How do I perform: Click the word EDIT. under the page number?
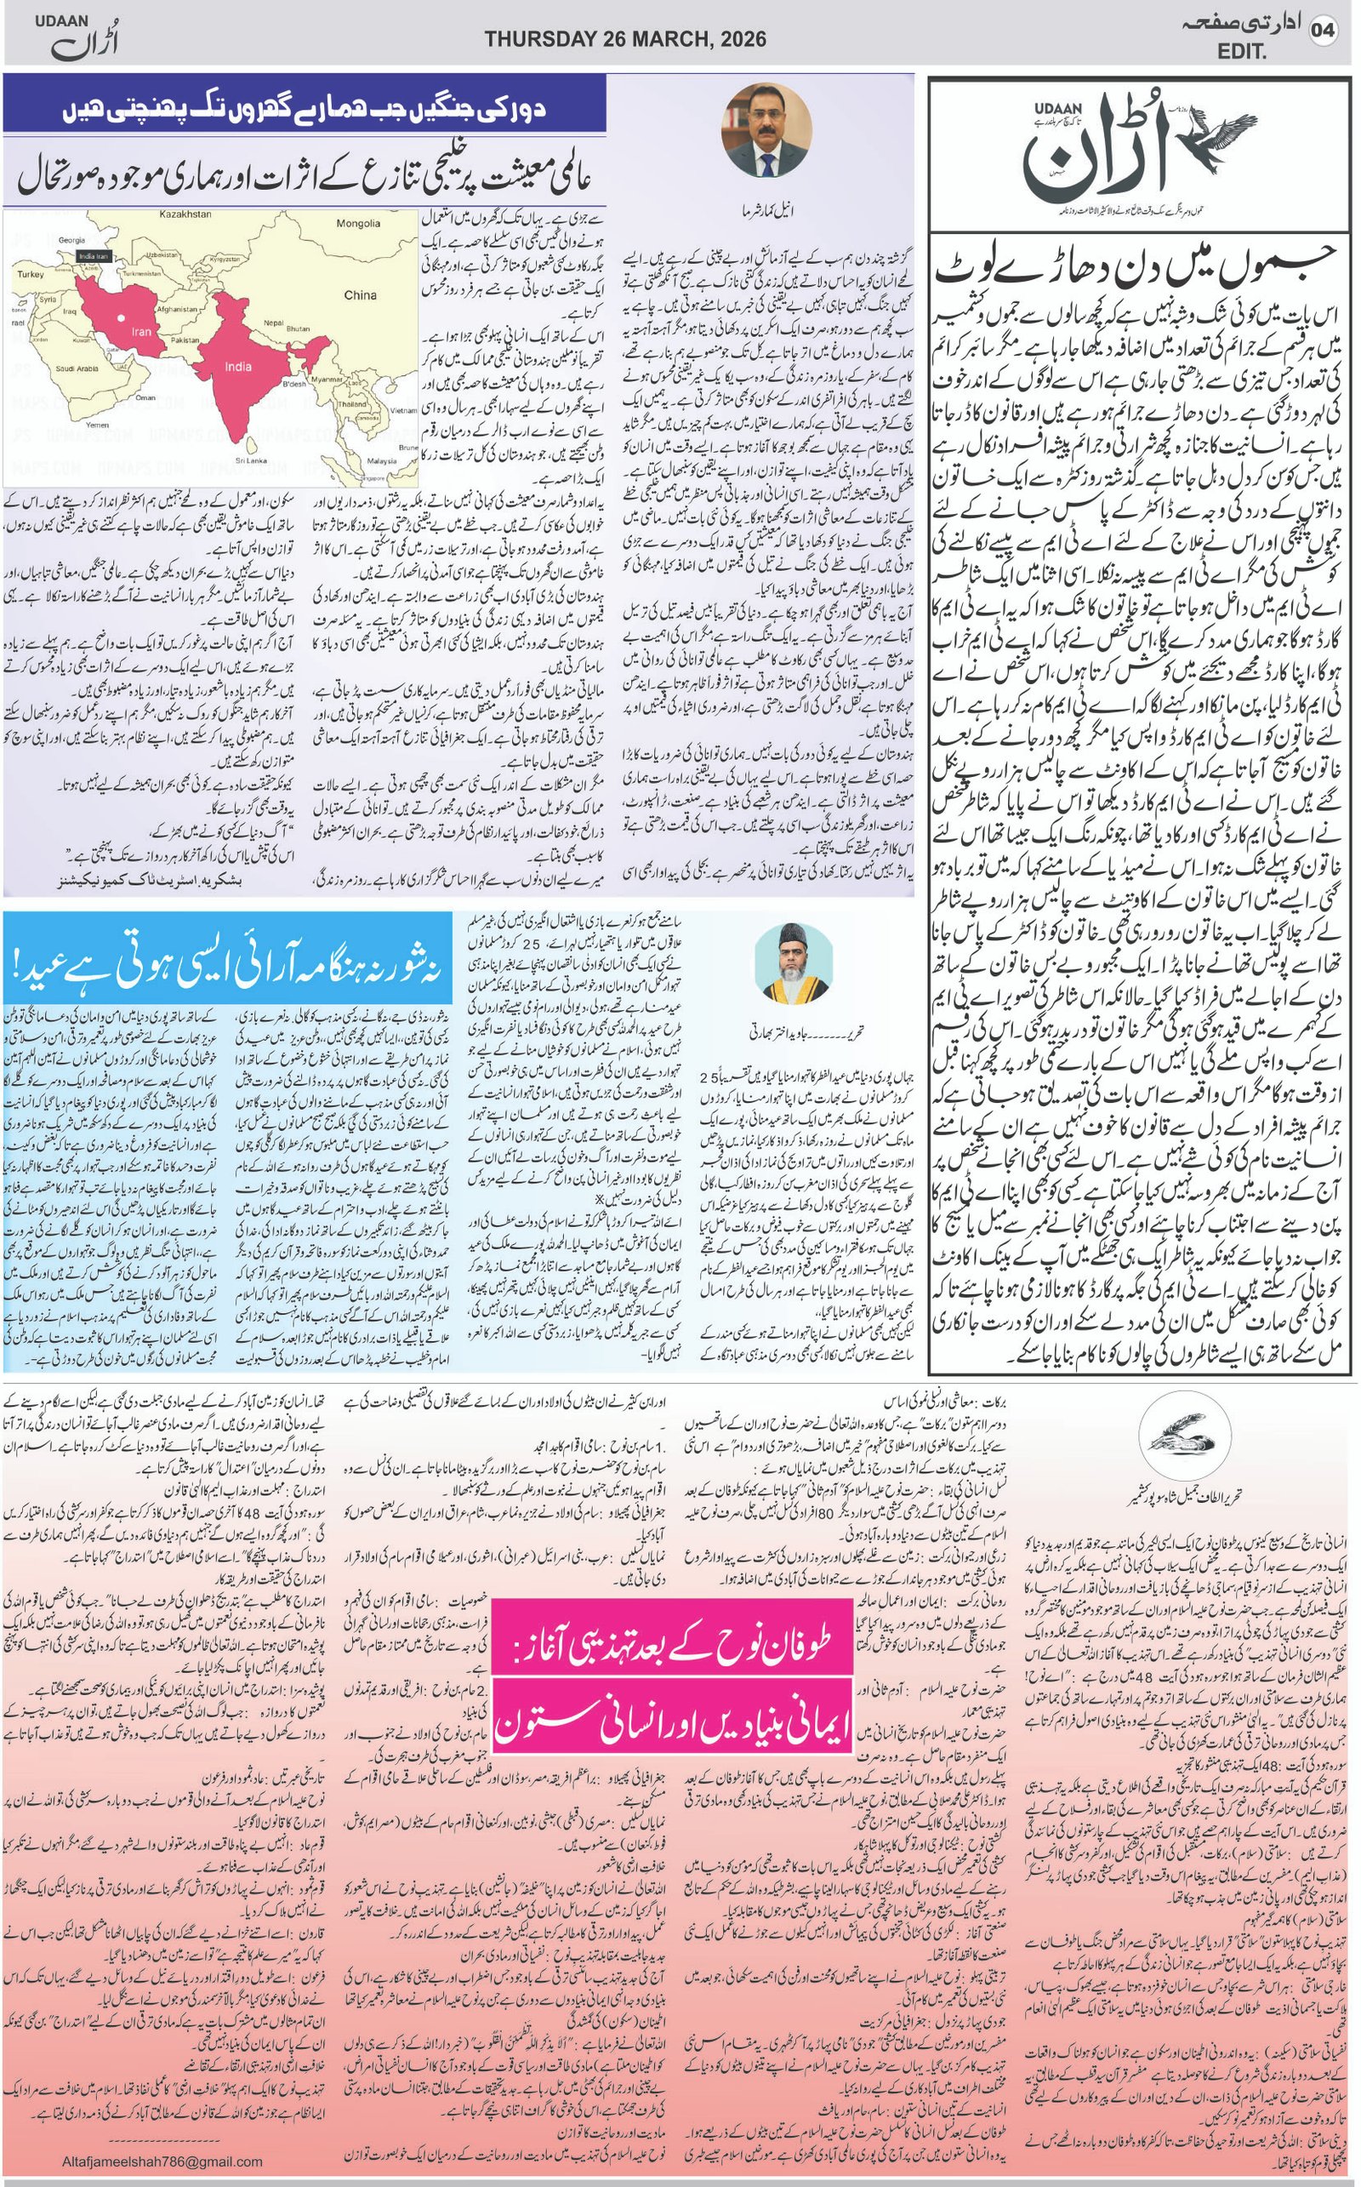[1241, 52]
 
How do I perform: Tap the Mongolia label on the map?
[357, 223]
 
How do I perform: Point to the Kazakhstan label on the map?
[185, 215]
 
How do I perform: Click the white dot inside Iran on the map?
[121, 317]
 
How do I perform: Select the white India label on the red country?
[238, 367]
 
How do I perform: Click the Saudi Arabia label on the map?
[77, 368]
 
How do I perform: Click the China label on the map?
[360, 294]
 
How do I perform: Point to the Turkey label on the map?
[30, 274]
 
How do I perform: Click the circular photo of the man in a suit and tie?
[767, 130]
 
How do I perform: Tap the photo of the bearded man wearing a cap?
[793, 965]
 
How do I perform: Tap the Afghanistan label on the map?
[176, 309]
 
